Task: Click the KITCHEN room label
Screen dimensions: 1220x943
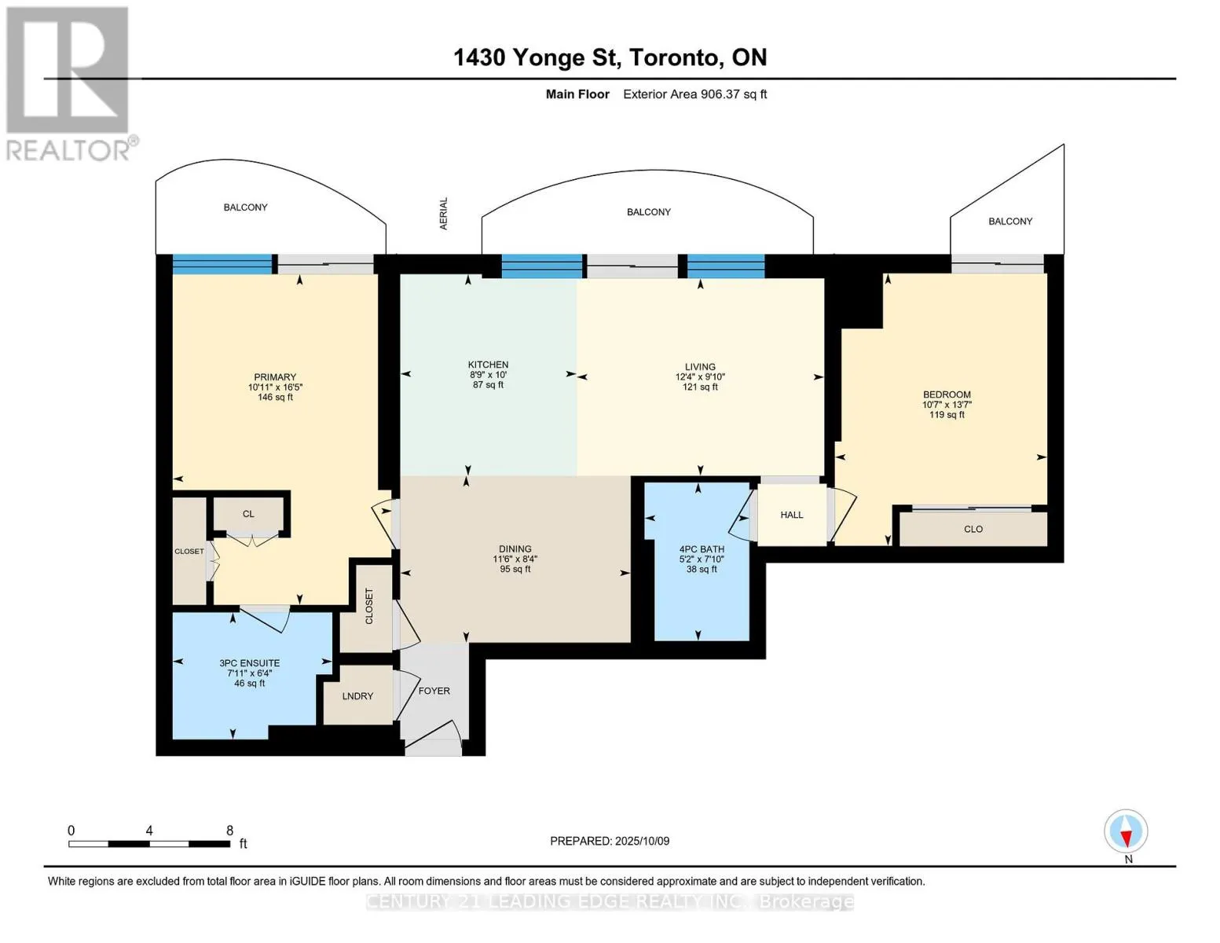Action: click(488, 365)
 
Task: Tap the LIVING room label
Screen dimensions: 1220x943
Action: click(699, 367)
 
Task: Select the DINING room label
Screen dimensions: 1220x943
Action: click(515, 549)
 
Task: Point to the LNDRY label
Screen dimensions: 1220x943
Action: click(357, 696)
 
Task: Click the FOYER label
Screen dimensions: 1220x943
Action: click(434, 691)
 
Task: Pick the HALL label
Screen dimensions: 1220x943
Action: click(792, 515)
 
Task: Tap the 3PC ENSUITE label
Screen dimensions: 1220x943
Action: click(249, 662)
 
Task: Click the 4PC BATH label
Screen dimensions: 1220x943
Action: click(702, 549)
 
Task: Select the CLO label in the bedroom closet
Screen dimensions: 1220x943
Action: click(973, 529)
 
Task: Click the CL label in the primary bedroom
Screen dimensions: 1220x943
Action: click(248, 514)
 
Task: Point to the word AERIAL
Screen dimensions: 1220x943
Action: click(444, 214)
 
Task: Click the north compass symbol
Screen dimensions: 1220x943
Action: click(1126, 831)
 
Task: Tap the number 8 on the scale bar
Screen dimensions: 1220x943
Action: click(229, 831)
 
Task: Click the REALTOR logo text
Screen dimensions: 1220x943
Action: click(68, 150)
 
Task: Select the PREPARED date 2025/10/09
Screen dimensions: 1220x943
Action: click(642, 841)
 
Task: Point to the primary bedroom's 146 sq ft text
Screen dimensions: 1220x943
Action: click(274, 397)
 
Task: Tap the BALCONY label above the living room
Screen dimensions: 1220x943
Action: click(648, 211)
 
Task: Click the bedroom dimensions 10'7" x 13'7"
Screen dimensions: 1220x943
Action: click(947, 405)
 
